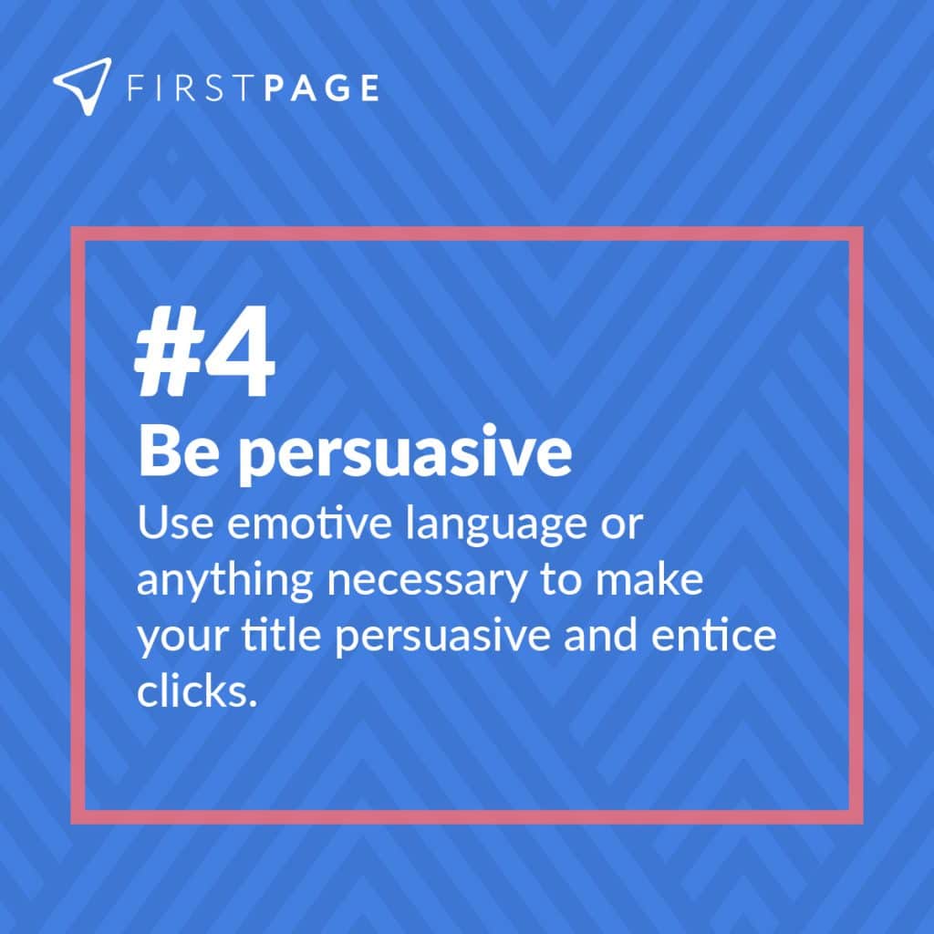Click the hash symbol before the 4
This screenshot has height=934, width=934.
point(166,358)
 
